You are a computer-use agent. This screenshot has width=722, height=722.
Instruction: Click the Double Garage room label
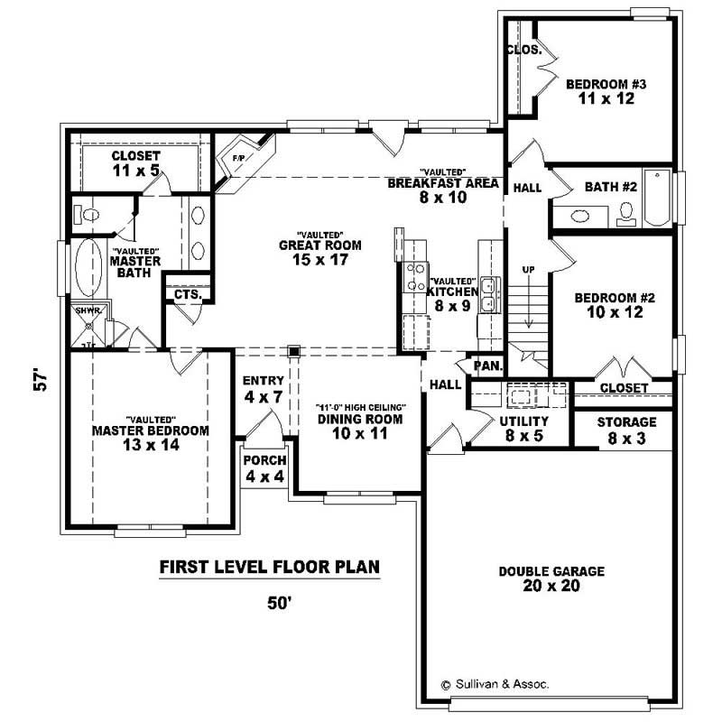click(551, 579)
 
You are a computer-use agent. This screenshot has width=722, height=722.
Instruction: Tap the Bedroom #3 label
click(606, 91)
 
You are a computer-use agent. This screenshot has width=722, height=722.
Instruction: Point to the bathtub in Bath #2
click(656, 198)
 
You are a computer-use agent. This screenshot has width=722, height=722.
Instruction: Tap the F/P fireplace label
click(239, 159)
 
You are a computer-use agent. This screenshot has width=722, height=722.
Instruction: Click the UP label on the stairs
click(529, 270)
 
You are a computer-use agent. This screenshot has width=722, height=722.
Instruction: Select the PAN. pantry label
click(487, 366)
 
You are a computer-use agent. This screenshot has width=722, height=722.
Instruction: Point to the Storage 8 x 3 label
click(626, 430)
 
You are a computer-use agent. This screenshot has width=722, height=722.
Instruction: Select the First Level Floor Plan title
click(269, 568)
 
